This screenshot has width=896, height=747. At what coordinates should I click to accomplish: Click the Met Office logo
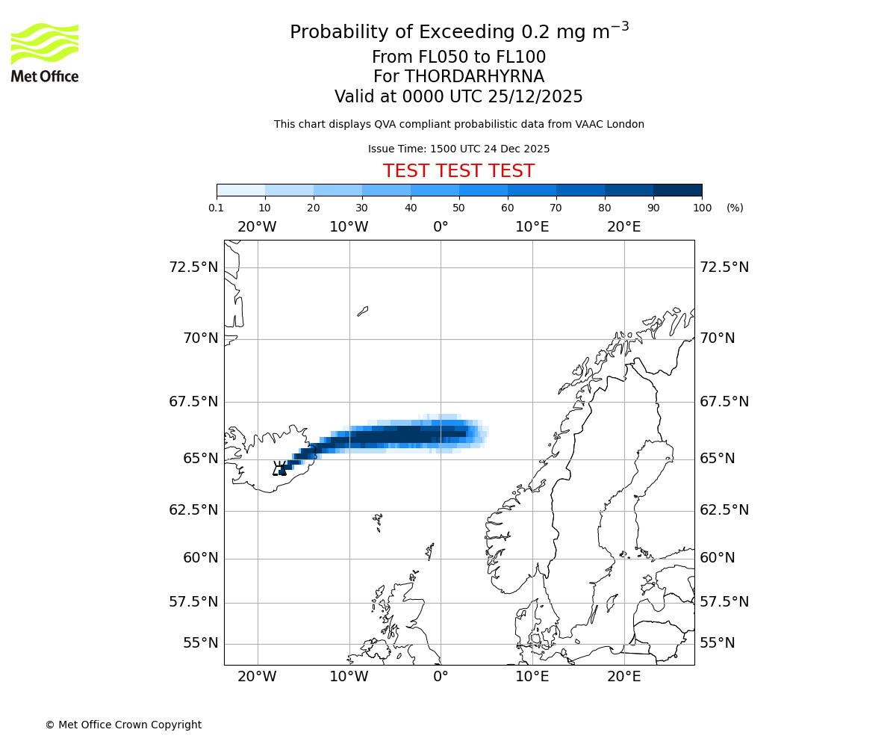pyautogui.click(x=45, y=52)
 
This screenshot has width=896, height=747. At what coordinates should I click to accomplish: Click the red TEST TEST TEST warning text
pyautogui.click(x=458, y=171)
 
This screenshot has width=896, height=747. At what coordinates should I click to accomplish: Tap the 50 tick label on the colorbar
pyautogui.click(x=458, y=208)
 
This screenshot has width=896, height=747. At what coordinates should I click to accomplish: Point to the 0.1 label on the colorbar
pyautogui.click(x=217, y=208)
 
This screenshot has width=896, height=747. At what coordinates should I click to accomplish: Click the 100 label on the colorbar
pyautogui.click(x=702, y=208)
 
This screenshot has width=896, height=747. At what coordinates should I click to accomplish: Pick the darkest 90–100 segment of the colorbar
pyautogui.click(x=677, y=190)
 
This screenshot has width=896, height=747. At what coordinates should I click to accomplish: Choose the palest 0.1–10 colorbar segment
pyautogui.click(x=240, y=190)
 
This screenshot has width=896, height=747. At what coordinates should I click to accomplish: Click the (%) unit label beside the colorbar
pyautogui.click(x=735, y=208)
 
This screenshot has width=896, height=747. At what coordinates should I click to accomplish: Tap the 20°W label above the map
pyautogui.click(x=257, y=226)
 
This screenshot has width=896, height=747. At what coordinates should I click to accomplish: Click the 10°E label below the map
pyautogui.click(x=532, y=677)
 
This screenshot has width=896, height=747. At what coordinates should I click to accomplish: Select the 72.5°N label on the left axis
pyautogui.click(x=193, y=267)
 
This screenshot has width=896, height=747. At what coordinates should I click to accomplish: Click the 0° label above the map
pyautogui.click(x=441, y=226)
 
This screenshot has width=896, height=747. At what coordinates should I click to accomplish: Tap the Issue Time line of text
pyautogui.click(x=458, y=149)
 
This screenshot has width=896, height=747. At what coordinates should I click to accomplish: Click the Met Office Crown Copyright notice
pyautogui.click(x=123, y=725)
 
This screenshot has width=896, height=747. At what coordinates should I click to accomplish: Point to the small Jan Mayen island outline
pyautogui.click(x=363, y=311)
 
